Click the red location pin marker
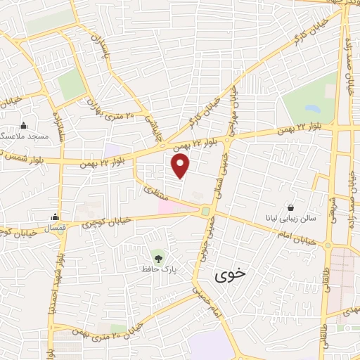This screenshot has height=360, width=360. click(x=181, y=166)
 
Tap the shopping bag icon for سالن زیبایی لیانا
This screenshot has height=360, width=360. click(x=290, y=207)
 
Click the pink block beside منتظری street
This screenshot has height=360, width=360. click(x=169, y=207)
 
